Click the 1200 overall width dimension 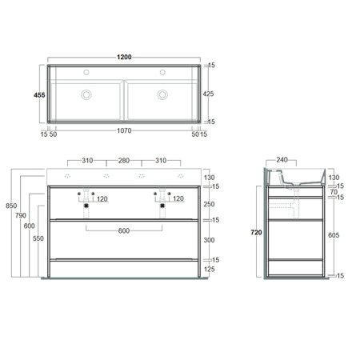125,58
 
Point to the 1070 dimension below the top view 125,130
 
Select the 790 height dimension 20,214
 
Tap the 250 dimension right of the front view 210,204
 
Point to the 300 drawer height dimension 210,240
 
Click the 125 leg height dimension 210,270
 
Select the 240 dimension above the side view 282,160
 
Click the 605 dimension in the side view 334,236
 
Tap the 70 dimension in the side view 334,192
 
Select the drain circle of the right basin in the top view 163,94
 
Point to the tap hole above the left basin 86,70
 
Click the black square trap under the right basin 163,205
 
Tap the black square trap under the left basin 86,205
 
